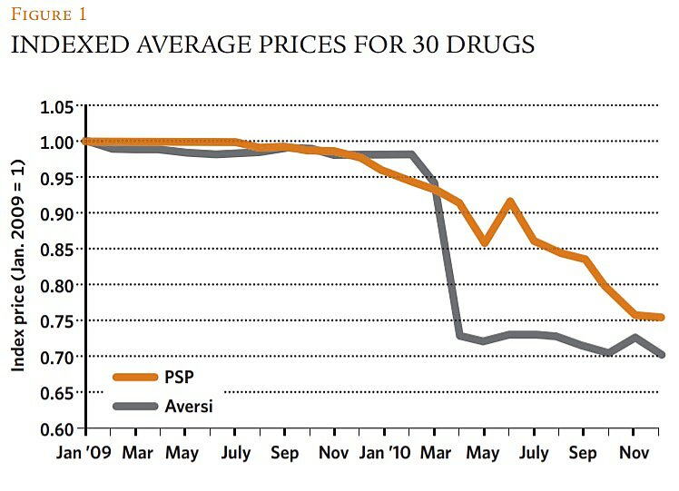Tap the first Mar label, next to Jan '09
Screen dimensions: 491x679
pos(138,451)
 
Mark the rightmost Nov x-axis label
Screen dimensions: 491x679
pos(635,451)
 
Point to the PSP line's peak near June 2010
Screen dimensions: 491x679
pos(510,201)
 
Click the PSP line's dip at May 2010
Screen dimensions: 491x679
pos(486,243)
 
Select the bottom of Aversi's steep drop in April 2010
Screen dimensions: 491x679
pos(460,336)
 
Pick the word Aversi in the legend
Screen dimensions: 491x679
pos(190,406)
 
